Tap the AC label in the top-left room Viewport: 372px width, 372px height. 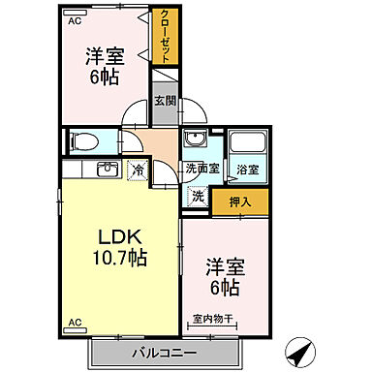click(x=75, y=18)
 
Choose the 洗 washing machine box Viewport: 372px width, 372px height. click(x=198, y=195)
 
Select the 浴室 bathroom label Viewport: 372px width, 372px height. click(x=248, y=170)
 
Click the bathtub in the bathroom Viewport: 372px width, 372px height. click(x=249, y=140)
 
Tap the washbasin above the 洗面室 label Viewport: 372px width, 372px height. click(x=198, y=139)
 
